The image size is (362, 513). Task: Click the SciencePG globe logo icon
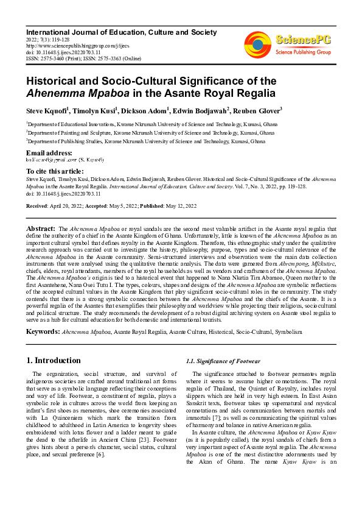coord(258,42)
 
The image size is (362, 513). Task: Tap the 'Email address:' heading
coord(49,152)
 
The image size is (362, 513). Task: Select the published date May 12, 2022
coord(178,207)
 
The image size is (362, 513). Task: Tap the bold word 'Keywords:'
coord(43,331)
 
